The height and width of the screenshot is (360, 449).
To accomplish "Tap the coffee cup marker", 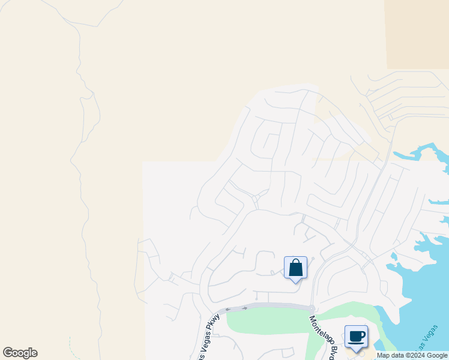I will (356, 337).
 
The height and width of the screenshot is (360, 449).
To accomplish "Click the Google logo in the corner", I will (20, 353).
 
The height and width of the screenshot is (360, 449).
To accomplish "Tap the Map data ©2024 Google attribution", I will (412, 355).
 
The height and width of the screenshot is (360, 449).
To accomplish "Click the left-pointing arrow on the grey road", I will (228, 309).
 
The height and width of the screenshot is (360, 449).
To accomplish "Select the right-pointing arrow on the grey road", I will (244, 308).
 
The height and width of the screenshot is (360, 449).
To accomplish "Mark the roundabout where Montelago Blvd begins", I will (312, 308).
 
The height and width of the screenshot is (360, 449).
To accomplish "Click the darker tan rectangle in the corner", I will (417, 33).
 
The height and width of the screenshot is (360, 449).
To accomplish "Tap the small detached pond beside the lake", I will (394, 259).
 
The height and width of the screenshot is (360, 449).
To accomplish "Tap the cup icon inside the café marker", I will (356, 335).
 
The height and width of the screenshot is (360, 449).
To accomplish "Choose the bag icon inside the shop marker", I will (295, 267).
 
